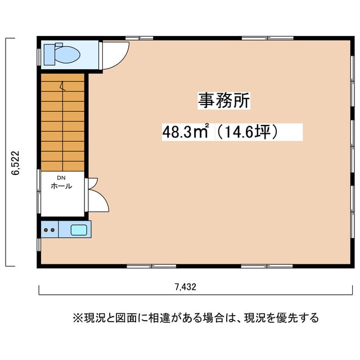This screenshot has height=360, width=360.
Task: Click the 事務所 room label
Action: (x=224, y=101)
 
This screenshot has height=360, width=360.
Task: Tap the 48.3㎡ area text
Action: (x=186, y=132)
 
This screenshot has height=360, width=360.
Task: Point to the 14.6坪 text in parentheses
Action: (x=247, y=132)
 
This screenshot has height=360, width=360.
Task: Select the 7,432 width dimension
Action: (x=186, y=287)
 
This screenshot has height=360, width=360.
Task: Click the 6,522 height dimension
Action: (x=16, y=163)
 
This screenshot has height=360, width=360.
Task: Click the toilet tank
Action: (x=49, y=55)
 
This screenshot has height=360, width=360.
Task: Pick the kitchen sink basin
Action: (x=79, y=230)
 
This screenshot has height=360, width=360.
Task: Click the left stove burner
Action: (x=46, y=230)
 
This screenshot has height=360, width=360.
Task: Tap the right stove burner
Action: (x=52, y=230)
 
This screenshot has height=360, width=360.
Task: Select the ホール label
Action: (x=61, y=186)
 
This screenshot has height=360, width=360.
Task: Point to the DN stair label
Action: (x=61, y=178)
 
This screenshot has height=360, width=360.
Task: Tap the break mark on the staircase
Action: (x=62, y=86)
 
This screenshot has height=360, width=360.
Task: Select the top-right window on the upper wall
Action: (x=268, y=38)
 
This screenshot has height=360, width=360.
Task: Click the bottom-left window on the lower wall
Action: (x=151, y=266)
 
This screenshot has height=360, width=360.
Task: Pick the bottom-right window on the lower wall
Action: (x=267, y=266)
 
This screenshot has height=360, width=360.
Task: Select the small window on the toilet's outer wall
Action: (x=39, y=57)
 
